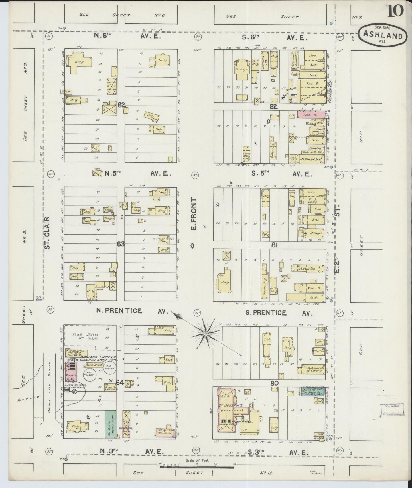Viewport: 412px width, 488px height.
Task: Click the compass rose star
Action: pos(206,333)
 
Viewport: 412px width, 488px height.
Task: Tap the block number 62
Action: pos(121,105)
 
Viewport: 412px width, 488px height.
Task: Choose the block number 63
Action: pos(121,244)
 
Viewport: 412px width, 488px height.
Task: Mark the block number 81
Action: pos(275,245)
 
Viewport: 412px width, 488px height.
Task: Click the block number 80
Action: pos(275,383)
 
